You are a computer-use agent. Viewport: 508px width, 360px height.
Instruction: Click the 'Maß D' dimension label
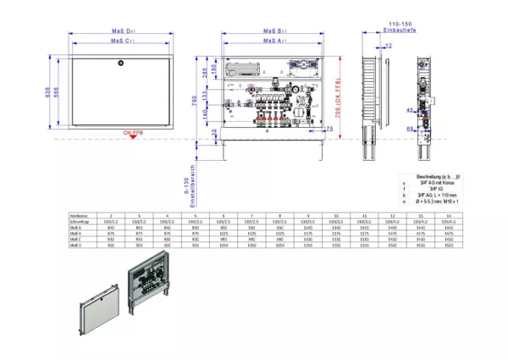pyautogui.click(x=123, y=30)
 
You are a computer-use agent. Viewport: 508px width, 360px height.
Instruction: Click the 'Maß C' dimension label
pyautogui.click(x=123, y=40)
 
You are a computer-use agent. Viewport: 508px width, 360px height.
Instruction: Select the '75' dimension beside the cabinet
pyautogui.click(x=329, y=128)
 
